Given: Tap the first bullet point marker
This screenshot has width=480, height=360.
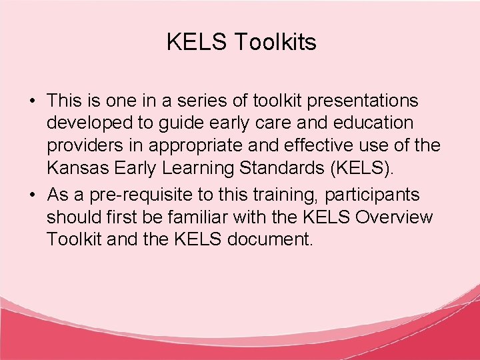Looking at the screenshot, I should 32,101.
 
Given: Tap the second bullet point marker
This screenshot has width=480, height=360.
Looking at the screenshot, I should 32,195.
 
